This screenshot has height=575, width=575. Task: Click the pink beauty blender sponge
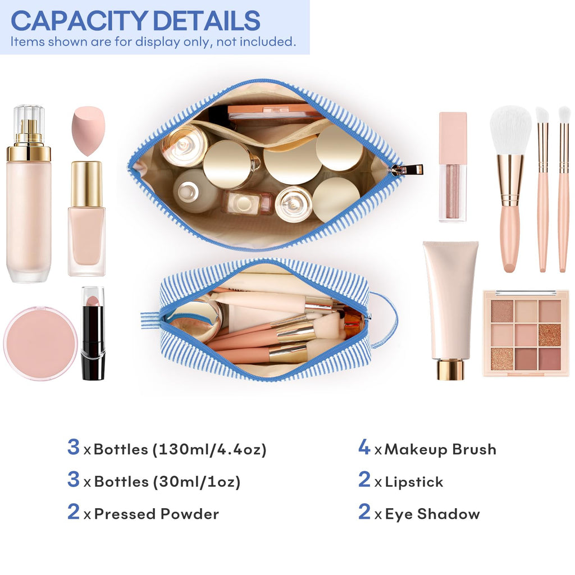[x=88, y=131]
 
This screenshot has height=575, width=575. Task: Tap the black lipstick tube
[x=93, y=334]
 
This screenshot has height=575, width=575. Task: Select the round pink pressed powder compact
[x=40, y=343]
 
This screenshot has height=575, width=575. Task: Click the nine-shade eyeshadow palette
[x=526, y=333]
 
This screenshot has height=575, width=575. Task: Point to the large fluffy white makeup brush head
[x=510, y=130]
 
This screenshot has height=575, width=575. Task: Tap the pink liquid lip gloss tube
[x=453, y=167]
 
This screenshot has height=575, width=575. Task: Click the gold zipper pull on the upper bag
[x=407, y=170]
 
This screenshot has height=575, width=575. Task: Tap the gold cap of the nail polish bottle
[x=86, y=184]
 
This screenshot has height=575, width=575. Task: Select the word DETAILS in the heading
[x=207, y=21]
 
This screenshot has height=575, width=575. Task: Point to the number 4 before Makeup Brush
[x=364, y=447]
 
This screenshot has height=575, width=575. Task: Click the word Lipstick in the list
[x=414, y=482]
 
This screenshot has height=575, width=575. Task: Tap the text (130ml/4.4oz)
[x=209, y=450]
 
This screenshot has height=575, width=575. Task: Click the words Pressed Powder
[x=157, y=514]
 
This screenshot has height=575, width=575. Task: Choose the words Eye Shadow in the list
[x=432, y=514]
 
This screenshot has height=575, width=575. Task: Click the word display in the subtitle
[x=157, y=42]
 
